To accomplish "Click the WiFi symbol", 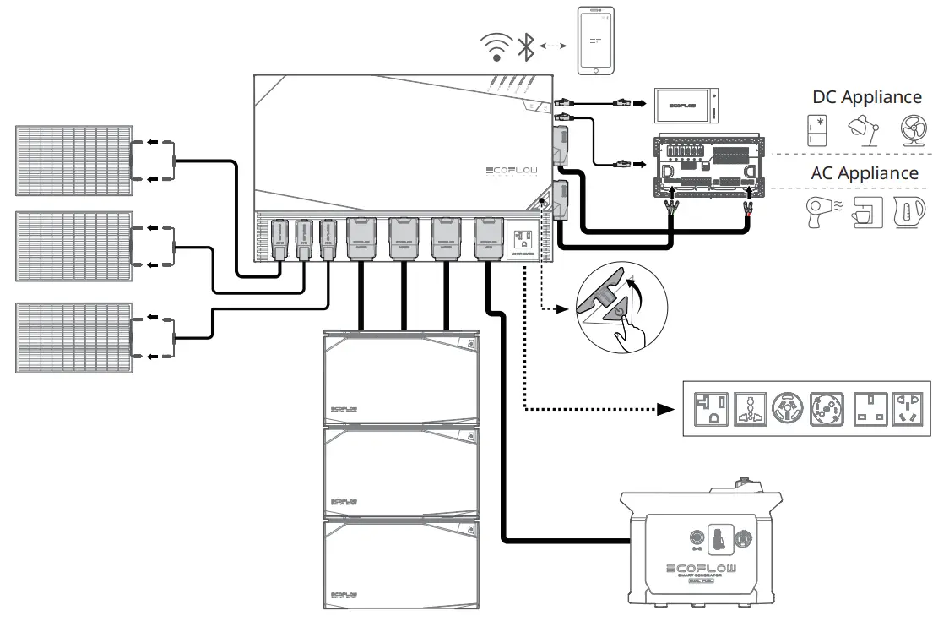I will [x=496, y=47].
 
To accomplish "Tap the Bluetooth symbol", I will [x=526, y=47].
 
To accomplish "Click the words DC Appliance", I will [x=867, y=97].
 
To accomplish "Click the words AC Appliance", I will [x=865, y=172].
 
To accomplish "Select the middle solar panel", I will [x=73, y=246].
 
